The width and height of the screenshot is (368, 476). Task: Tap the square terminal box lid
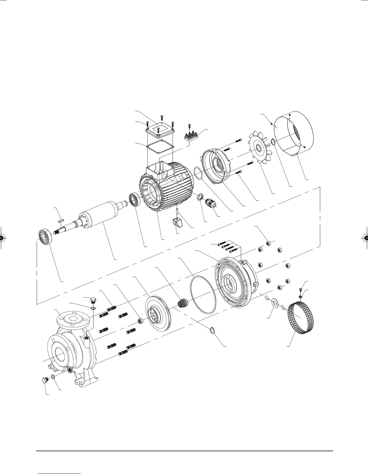(159, 130)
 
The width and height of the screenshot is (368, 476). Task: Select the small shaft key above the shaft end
(60, 220)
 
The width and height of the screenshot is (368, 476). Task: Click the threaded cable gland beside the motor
(211, 204)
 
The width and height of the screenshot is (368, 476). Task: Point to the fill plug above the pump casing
(94, 301)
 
